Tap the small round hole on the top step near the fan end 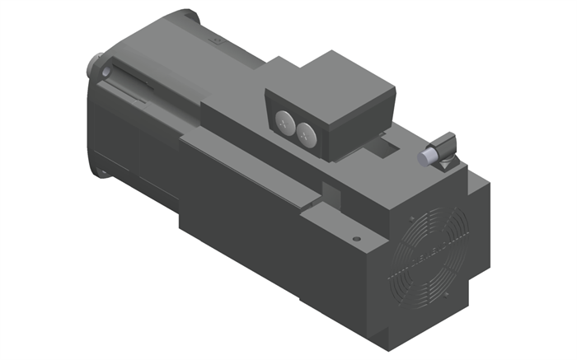coord(355,239)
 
